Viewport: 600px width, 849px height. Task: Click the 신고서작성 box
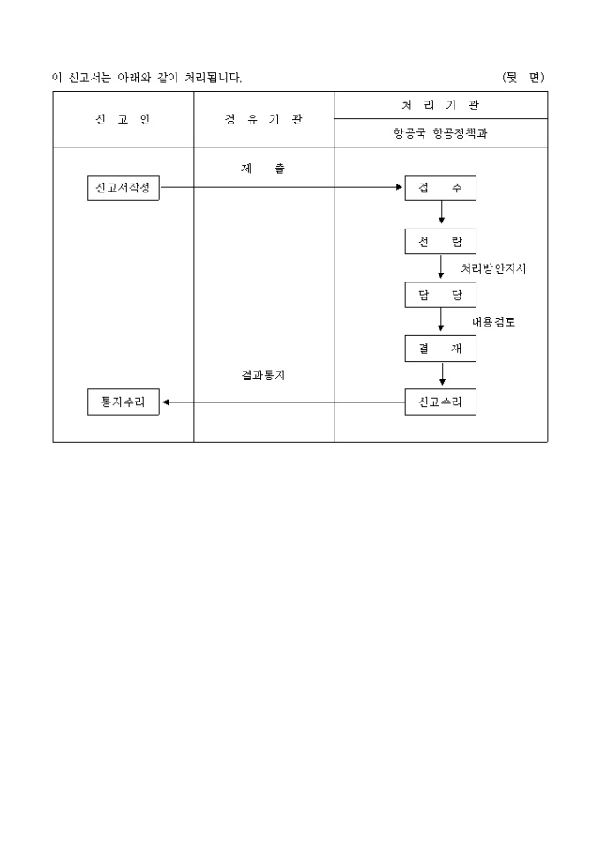tap(124, 188)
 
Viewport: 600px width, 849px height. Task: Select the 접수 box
tap(440, 188)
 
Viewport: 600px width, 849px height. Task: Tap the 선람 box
tap(440, 242)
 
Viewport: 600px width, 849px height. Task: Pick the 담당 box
tap(440, 295)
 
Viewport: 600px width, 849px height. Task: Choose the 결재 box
tap(440, 349)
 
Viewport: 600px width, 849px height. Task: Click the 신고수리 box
tap(440, 402)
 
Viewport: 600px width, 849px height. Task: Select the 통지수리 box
tap(124, 402)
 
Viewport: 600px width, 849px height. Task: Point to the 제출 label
tap(263, 169)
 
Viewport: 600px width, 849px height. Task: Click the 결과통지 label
tap(263, 375)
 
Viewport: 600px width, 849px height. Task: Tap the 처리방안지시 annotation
tap(493, 268)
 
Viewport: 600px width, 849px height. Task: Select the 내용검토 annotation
tap(493, 321)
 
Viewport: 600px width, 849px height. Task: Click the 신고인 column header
tap(123, 120)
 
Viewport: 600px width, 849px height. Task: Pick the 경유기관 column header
tap(264, 120)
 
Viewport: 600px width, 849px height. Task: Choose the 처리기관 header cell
tap(440, 105)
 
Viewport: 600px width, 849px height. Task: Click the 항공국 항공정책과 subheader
tap(440, 133)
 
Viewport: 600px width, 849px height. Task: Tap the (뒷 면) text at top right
tap(523, 78)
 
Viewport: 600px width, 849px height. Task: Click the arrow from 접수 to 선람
tap(441, 212)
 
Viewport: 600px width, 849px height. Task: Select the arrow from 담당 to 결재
tap(441, 319)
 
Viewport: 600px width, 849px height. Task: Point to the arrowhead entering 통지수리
tap(166, 402)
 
